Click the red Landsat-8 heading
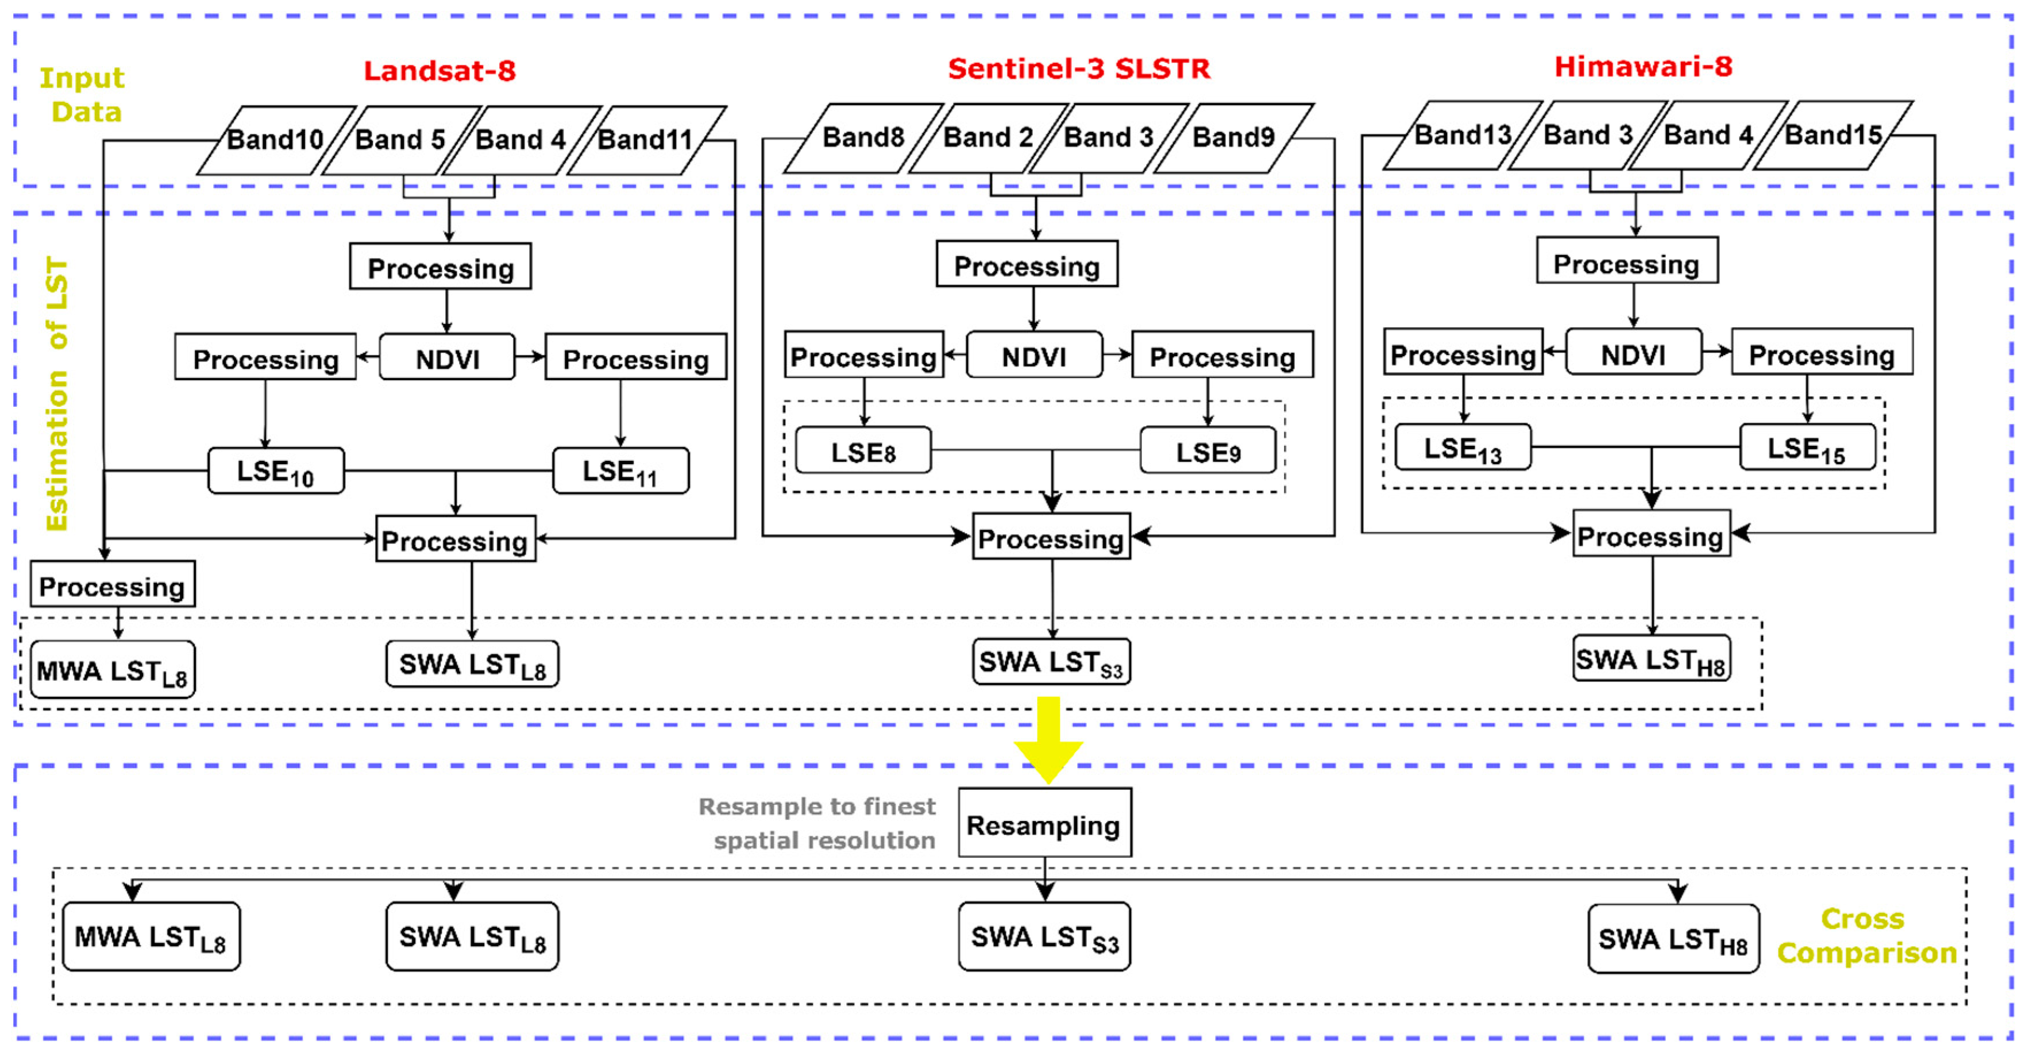click(439, 71)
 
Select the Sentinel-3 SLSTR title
click(1078, 69)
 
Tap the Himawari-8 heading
click(1643, 67)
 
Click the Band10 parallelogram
click(275, 140)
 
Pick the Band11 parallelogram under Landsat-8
click(645, 140)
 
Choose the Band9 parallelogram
click(1233, 137)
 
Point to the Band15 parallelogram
click(1833, 135)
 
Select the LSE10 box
click(275, 470)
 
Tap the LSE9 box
click(1208, 451)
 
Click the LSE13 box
click(1462, 448)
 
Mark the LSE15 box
click(1807, 448)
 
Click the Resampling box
click(1044, 824)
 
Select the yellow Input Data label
click(83, 94)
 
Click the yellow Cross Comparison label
click(1865, 935)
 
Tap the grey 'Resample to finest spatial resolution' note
click(817, 823)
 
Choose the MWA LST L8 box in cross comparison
click(151, 936)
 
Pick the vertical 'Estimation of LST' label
click(57, 393)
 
